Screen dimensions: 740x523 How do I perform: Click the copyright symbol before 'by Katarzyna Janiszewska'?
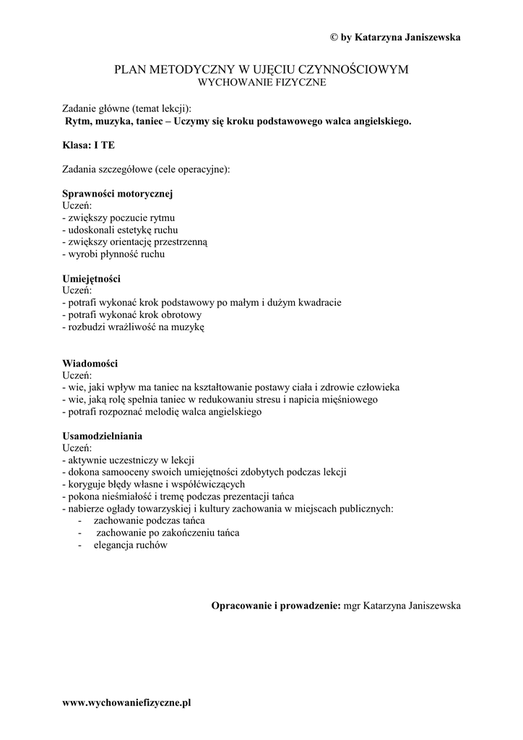pos(334,37)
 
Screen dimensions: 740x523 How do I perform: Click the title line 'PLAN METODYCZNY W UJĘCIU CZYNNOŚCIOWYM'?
pos(261,69)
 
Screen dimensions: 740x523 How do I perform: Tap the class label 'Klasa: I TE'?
pos(89,145)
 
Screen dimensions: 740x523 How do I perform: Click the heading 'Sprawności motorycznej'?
pos(118,194)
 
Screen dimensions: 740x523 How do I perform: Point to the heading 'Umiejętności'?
pos(92,278)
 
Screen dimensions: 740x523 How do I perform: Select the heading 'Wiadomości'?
pos(90,363)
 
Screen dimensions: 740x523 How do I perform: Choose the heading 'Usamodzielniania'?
pos(103,436)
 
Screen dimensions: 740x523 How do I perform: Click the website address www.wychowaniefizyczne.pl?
pos(127,702)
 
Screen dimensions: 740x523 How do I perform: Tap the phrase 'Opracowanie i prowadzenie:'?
pos(275,606)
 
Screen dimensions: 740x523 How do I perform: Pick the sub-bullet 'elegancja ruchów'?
pos(130,546)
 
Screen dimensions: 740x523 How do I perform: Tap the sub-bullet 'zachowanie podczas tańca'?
pos(150,521)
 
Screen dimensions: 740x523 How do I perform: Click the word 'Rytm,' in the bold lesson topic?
pos(78,121)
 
